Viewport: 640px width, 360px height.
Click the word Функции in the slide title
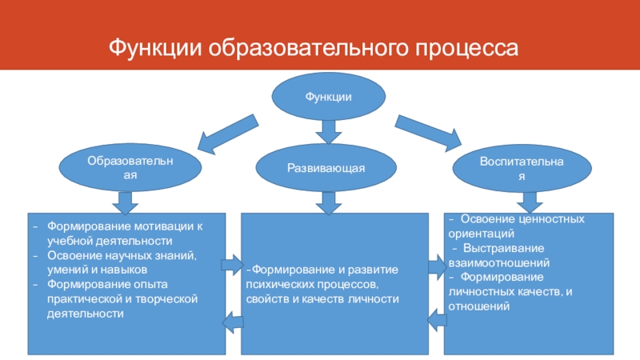coord(155,48)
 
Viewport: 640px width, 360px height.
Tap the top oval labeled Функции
coord(329,97)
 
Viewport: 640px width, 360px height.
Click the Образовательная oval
coord(130,167)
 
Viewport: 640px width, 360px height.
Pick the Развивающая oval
coord(326,168)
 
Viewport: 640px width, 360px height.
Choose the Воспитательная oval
coord(522,168)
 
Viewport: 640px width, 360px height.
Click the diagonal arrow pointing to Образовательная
coord(228,134)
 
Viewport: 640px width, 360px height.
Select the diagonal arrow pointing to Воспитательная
coord(428,133)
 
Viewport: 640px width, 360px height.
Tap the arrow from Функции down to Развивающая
coord(329,131)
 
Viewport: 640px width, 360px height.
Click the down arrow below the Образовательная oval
coord(126,203)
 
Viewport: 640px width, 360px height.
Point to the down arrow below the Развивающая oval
coord(329,203)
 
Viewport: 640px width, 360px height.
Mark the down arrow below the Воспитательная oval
coord(530,202)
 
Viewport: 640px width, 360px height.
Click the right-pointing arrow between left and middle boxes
coord(232,265)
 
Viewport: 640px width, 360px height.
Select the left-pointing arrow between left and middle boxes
coord(233,322)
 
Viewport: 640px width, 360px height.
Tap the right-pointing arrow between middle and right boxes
coord(438,267)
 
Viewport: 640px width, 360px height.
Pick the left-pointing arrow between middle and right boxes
coord(437,319)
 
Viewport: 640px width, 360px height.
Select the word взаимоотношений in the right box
coord(498,263)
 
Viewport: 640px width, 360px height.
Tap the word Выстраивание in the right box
coord(504,249)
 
